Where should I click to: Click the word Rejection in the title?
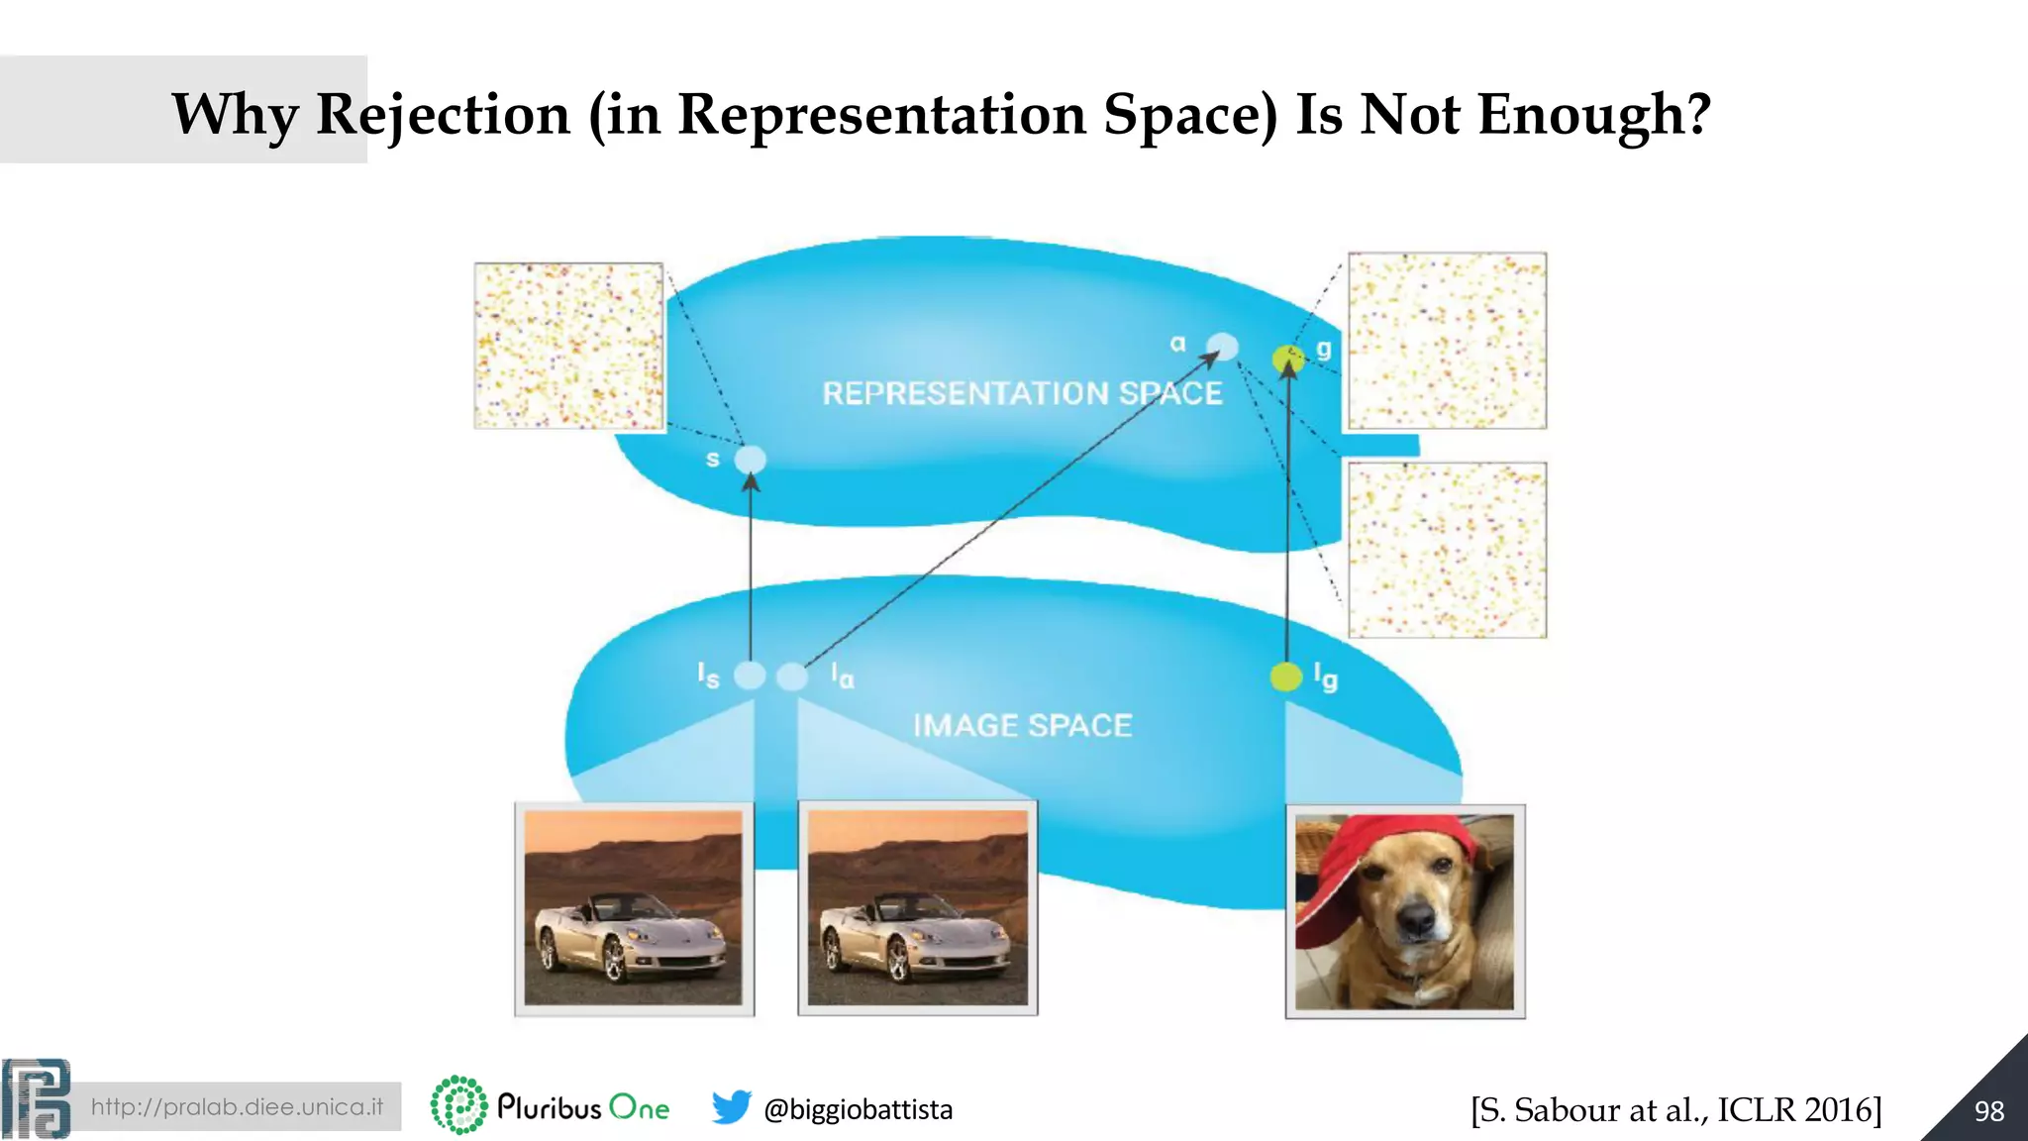pyautogui.click(x=443, y=115)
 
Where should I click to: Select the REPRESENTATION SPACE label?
pyautogui.click(x=1022, y=393)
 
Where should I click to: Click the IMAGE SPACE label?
pyautogui.click(x=1022, y=726)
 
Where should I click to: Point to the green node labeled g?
pyautogui.click(x=1287, y=358)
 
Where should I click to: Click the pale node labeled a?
pyautogui.click(x=1223, y=346)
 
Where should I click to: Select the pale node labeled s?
pyautogui.click(x=751, y=460)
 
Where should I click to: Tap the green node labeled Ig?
pyautogui.click(x=1285, y=676)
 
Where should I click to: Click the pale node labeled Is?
pyautogui.click(x=750, y=675)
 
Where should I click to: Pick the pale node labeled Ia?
pyautogui.click(x=792, y=676)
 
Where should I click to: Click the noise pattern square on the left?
pyautogui.click(x=568, y=346)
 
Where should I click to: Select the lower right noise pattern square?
pyautogui.click(x=1447, y=550)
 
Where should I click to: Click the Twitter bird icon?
pyautogui.click(x=731, y=1107)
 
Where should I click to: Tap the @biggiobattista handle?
pyautogui.click(x=858, y=1109)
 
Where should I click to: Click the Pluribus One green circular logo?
pyautogui.click(x=458, y=1105)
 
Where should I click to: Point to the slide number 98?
pyautogui.click(x=1988, y=1111)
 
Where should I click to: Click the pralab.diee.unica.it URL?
pyautogui.click(x=237, y=1106)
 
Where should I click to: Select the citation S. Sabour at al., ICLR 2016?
pyautogui.click(x=1675, y=1109)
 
